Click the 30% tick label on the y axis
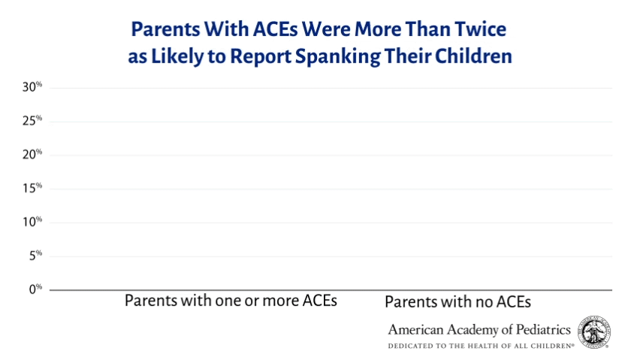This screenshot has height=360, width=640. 32,87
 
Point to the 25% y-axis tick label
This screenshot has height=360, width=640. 32,121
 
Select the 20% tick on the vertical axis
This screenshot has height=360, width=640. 32,155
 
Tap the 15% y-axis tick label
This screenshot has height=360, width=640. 32,189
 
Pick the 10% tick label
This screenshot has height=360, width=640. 32,222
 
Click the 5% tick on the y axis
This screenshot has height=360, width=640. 35,256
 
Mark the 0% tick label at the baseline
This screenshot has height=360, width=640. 35,289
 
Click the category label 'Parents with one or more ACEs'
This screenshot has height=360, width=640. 231,301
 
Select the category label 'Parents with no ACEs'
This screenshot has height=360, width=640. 457,302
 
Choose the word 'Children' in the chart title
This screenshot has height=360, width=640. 475,57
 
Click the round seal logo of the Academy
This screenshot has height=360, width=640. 595,332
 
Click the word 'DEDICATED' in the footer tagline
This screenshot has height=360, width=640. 412,346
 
